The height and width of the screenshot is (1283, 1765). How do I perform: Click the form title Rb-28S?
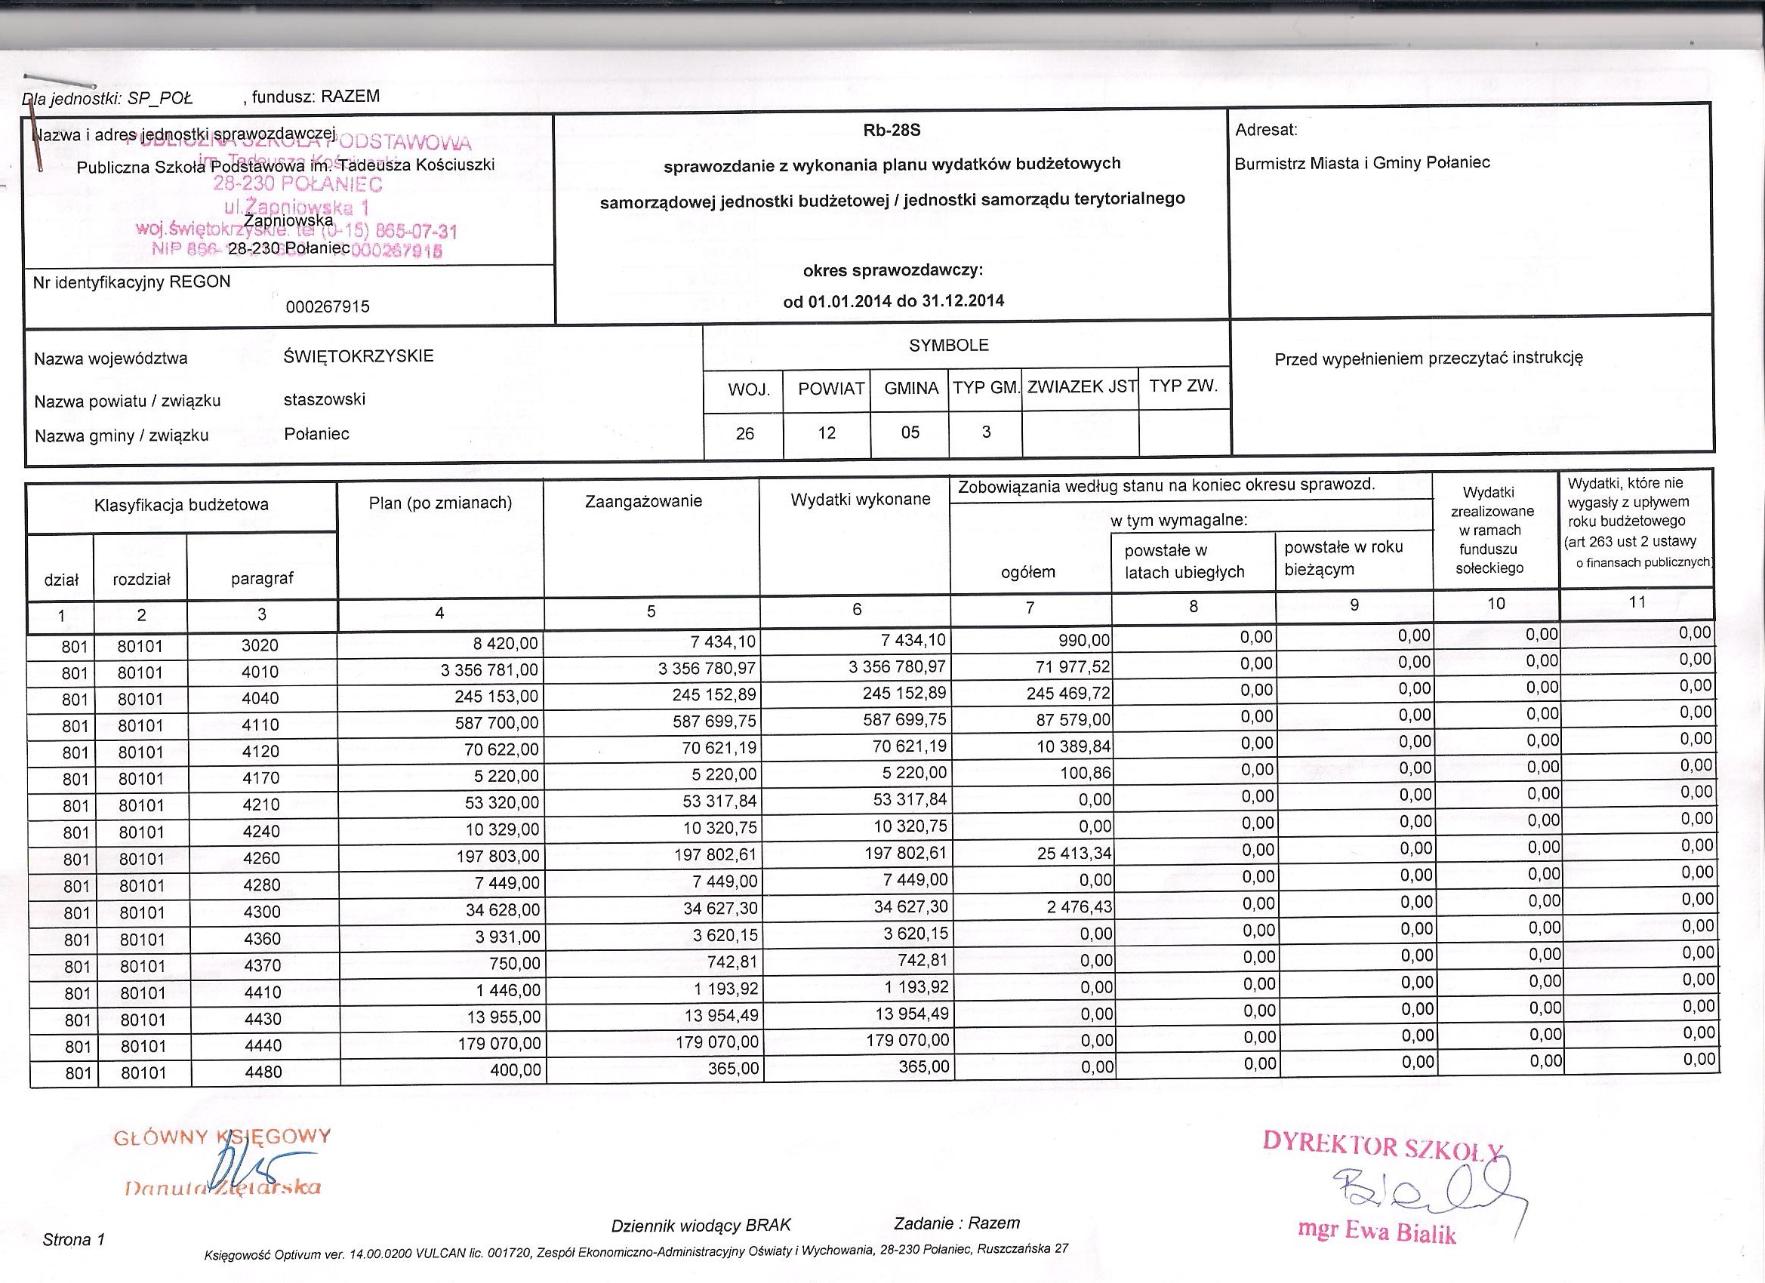(x=892, y=131)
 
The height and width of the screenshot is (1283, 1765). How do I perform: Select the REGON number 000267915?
(x=327, y=307)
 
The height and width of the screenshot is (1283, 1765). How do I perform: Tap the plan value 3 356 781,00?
(x=489, y=670)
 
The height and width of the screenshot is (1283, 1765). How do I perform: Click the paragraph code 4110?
(x=260, y=725)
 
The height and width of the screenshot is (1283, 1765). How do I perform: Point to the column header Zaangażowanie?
(x=642, y=502)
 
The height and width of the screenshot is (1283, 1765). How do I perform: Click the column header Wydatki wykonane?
(x=860, y=500)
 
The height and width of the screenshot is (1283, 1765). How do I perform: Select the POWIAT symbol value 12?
(x=827, y=432)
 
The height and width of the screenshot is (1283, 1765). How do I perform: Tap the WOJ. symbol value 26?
(x=745, y=433)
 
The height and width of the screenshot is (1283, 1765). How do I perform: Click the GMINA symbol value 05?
(x=910, y=432)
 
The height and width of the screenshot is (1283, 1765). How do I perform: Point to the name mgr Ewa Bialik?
(x=1376, y=1232)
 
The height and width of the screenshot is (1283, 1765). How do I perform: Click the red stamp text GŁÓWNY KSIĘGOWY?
(x=222, y=1137)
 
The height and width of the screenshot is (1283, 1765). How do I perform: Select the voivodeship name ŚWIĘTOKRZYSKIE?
(x=359, y=356)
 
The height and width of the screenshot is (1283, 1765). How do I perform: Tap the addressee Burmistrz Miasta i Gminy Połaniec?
(x=1362, y=163)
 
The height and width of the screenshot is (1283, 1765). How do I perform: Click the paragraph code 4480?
(x=262, y=1072)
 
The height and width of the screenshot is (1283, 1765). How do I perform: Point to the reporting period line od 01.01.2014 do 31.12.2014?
(x=893, y=301)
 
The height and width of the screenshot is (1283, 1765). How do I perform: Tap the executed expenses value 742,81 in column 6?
(x=923, y=960)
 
